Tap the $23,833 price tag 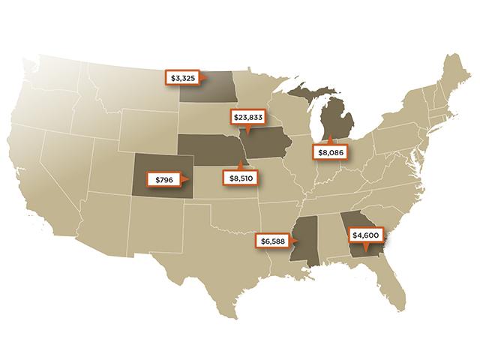pyautogui.click(x=247, y=118)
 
